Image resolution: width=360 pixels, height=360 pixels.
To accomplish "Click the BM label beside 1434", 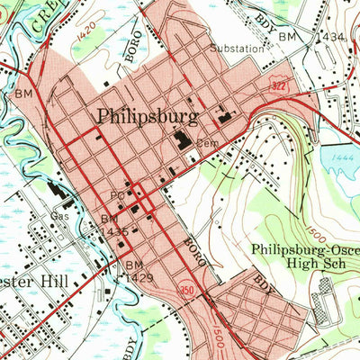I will (x=288, y=35).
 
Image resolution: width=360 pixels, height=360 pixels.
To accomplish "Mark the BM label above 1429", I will (x=134, y=265).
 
